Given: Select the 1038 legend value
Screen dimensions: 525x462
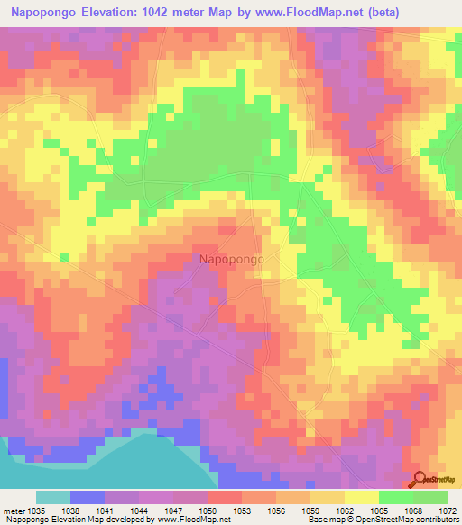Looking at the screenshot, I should pyautogui.click(x=70, y=511).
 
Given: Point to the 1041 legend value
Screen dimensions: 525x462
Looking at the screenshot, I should pyautogui.click(x=105, y=511).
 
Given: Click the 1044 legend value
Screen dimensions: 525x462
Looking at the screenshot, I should pyautogui.click(x=139, y=511).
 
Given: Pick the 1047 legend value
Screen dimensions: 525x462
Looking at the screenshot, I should pyautogui.click(x=173, y=511).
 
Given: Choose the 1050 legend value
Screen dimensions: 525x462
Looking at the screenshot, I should pyautogui.click(x=208, y=511).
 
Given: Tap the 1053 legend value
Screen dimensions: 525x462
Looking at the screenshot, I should pyautogui.click(x=242, y=511).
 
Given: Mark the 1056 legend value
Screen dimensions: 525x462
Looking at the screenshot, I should pyautogui.click(x=276, y=511).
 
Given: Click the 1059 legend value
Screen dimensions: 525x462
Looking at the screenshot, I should pyautogui.click(x=310, y=511).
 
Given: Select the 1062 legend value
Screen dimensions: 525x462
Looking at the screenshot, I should pyautogui.click(x=345, y=511).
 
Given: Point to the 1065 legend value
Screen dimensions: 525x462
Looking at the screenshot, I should pyautogui.click(x=379, y=511).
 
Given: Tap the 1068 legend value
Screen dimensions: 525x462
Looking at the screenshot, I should pyautogui.click(x=413, y=511).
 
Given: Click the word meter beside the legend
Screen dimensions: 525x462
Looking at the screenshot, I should pyautogui.click(x=12, y=511).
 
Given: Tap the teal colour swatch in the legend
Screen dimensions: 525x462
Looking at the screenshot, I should pyautogui.click(x=52, y=497).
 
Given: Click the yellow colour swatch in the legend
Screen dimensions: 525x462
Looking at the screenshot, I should pyautogui.click(x=362, y=497).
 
